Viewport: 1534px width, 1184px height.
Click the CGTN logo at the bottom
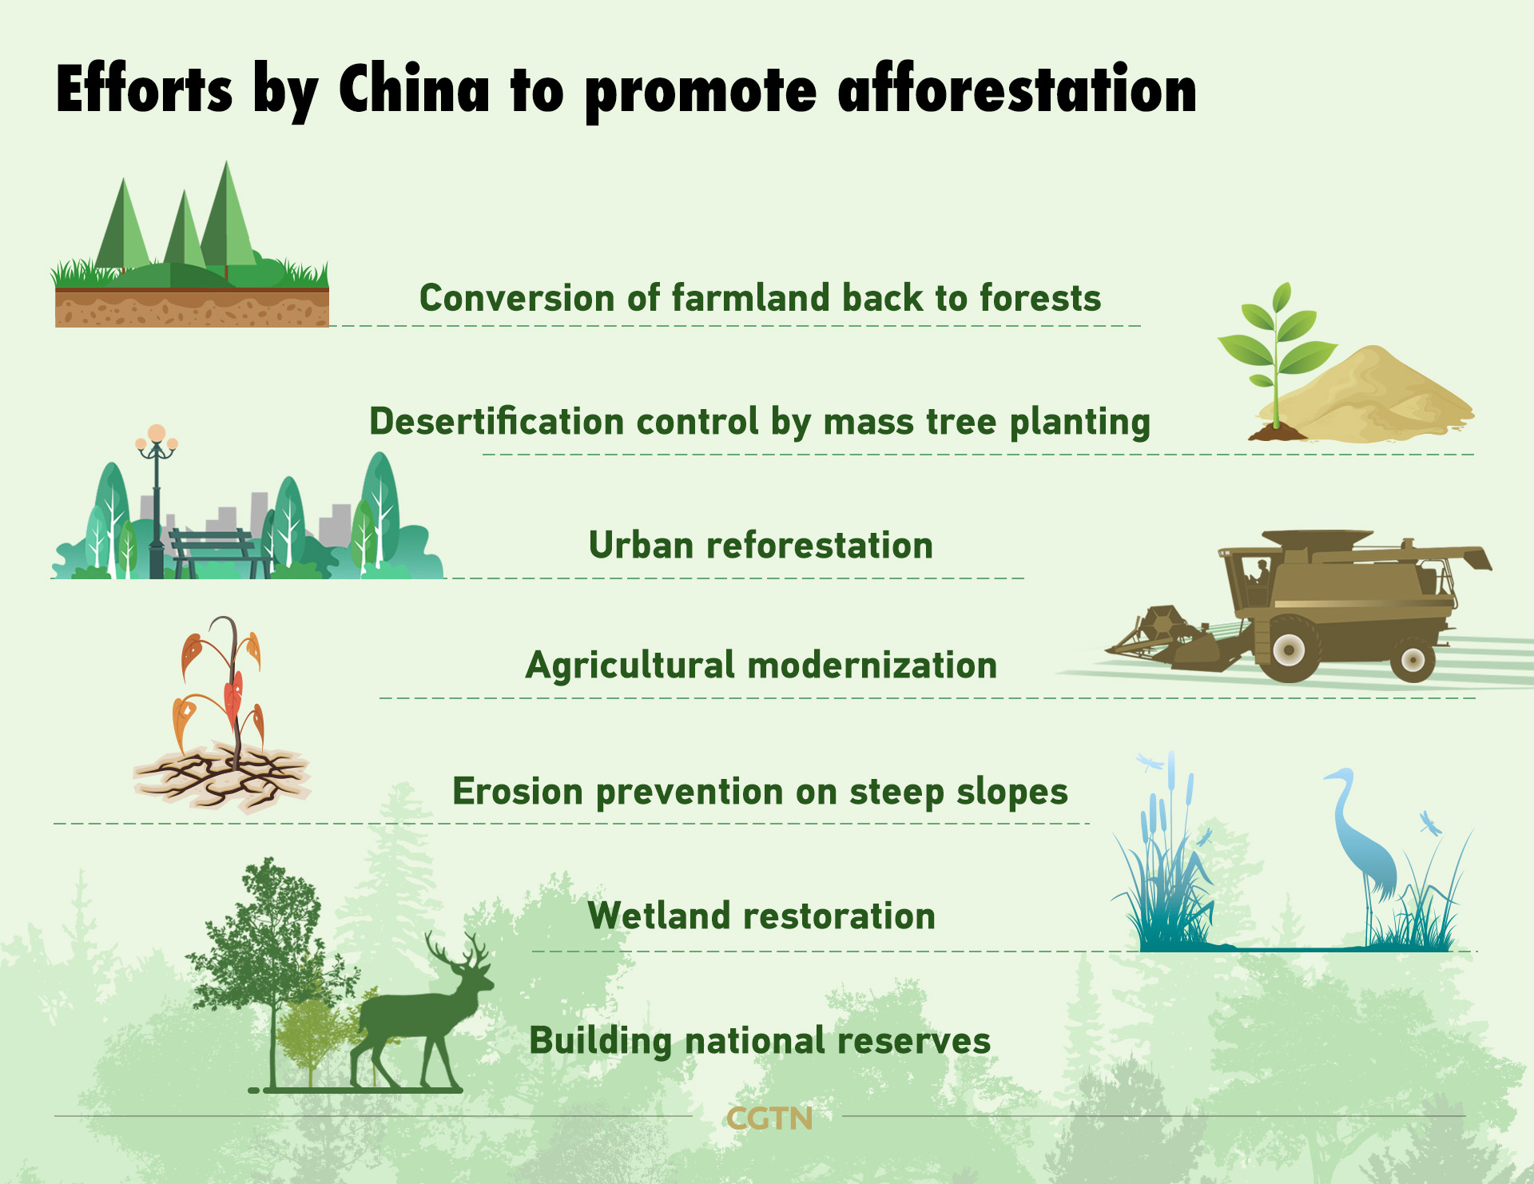[769, 1118]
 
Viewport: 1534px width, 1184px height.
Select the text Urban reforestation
[761, 546]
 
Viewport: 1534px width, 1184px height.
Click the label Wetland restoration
[761, 916]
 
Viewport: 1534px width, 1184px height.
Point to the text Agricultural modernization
[761, 666]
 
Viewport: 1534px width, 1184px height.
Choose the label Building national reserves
[760, 1041]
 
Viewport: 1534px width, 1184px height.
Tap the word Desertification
[496, 421]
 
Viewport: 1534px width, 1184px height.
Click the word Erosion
[518, 792]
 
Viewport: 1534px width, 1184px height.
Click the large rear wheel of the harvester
[1289, 649]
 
